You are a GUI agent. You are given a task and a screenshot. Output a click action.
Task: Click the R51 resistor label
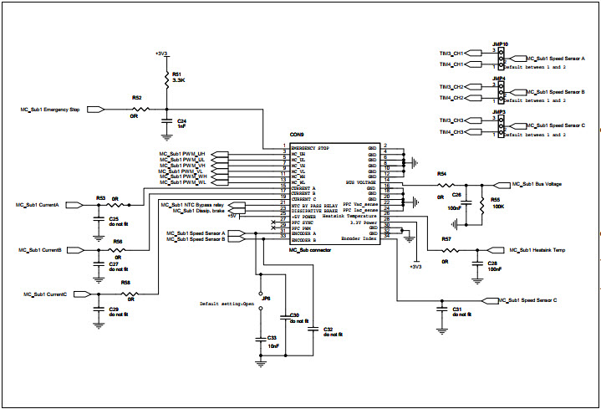coord(176,74)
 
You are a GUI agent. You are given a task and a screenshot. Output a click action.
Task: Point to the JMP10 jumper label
coord(500,43)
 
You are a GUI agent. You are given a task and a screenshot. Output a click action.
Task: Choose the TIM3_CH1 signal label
coord(451,53)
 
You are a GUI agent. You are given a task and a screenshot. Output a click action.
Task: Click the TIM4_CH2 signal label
coord(451,98)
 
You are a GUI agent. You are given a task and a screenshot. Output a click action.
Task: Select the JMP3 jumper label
coord(498,111)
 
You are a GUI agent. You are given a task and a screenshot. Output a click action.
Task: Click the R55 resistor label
coord(495,201)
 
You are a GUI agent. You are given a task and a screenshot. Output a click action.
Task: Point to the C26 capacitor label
coord(456,195)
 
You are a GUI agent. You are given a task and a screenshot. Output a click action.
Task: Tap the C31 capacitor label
coord(457,309)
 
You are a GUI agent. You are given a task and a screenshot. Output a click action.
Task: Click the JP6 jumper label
coord(266,299)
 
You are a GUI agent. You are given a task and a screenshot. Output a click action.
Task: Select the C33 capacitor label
coord(272,337)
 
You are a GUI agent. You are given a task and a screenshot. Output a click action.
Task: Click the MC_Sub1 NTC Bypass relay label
coord(193,204)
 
